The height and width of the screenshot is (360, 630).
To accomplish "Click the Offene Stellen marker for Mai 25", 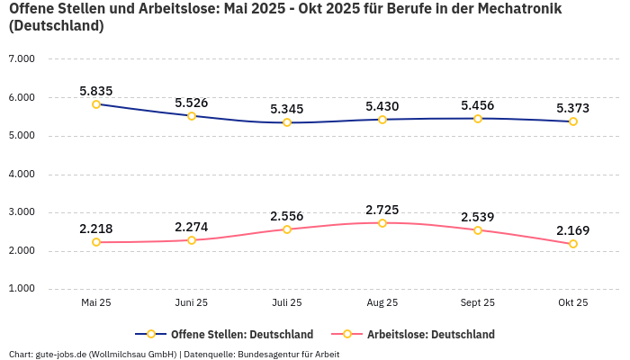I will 96,104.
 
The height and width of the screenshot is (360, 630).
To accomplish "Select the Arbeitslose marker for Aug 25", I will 382,223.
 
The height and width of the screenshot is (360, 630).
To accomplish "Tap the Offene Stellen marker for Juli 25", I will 287,122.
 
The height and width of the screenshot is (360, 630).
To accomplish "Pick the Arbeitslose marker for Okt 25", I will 573,244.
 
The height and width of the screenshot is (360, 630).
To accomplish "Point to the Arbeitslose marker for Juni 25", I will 192,240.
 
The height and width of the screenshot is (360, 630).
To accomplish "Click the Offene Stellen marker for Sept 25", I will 478,119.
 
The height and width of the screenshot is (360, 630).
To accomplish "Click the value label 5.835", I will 96,91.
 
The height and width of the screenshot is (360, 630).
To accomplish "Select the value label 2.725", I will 382,210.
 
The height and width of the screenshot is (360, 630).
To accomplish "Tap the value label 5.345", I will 287,110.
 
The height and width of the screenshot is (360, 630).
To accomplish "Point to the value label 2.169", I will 573,231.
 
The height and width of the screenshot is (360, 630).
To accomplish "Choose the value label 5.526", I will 192,103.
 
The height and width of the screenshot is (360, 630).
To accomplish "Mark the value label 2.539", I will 478,217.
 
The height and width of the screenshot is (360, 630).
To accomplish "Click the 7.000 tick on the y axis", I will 21,59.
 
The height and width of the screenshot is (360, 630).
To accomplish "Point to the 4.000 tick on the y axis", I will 21,174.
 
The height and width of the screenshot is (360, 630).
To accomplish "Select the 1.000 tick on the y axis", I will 21,289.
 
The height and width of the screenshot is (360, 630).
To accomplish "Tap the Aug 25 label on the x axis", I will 382,303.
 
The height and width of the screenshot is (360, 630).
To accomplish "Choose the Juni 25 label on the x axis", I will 192,303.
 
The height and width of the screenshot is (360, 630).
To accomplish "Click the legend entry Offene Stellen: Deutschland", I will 241,335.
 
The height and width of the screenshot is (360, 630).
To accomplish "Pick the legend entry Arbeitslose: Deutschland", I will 430,335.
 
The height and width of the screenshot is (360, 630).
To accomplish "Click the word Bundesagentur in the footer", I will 267,355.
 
